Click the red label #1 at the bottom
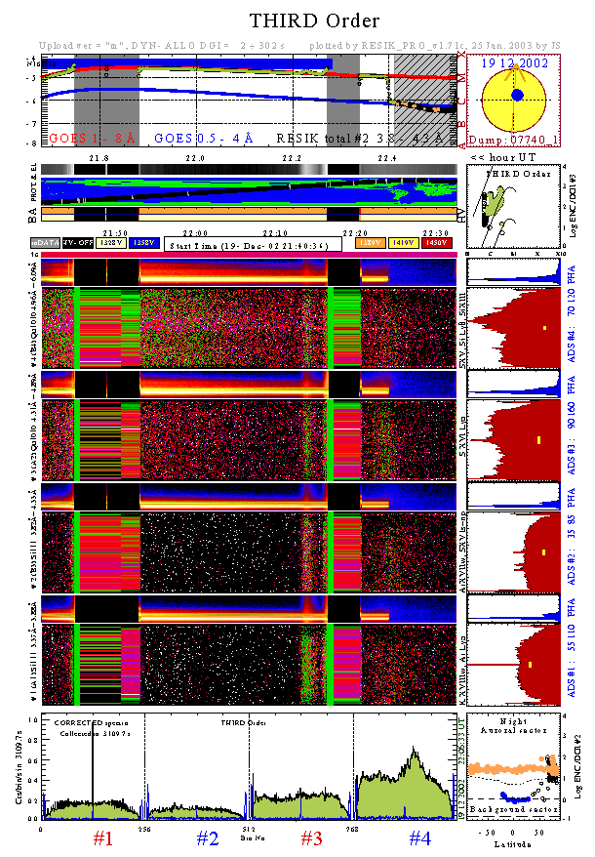click(x=103, y=837)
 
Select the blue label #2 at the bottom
click(x=207, y=837)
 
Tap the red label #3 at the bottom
click(x=310, y=837)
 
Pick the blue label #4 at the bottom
click(x=419, y=837)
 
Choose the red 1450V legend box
click(x=440, y=242)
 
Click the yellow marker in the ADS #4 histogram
click(x=544, y=327)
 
